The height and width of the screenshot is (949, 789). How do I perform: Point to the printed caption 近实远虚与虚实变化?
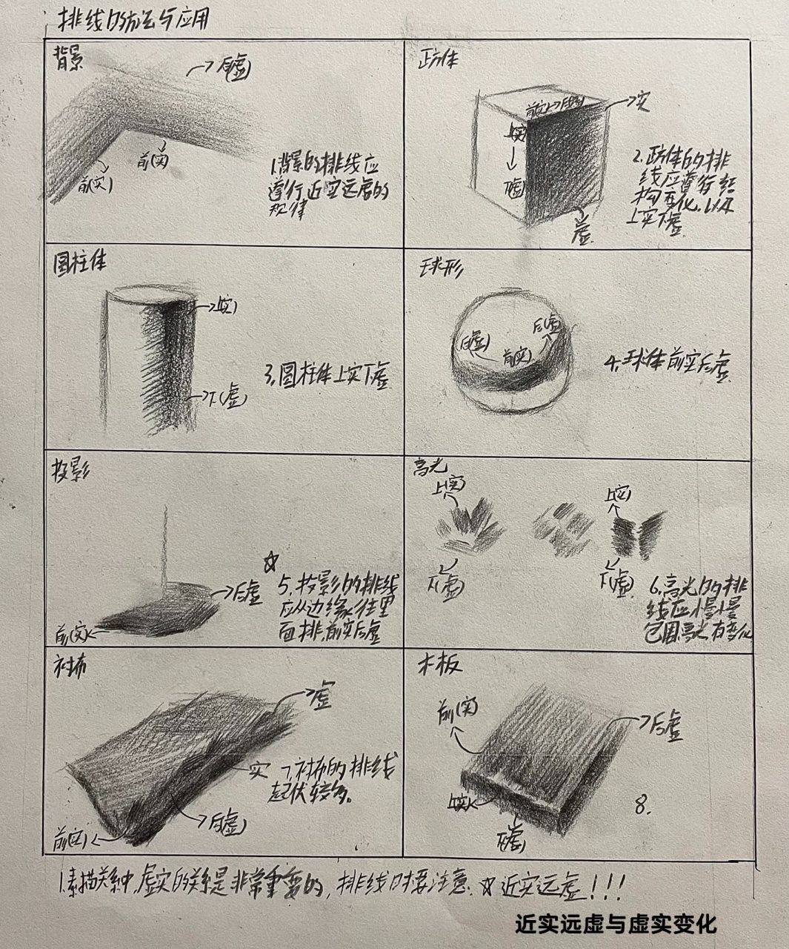616,924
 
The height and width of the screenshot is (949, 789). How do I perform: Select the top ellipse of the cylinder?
151,297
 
